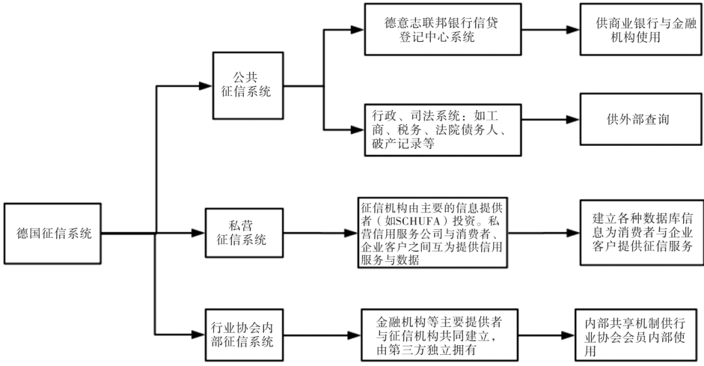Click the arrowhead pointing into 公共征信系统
point(207,85)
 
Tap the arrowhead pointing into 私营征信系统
point(199,233)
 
